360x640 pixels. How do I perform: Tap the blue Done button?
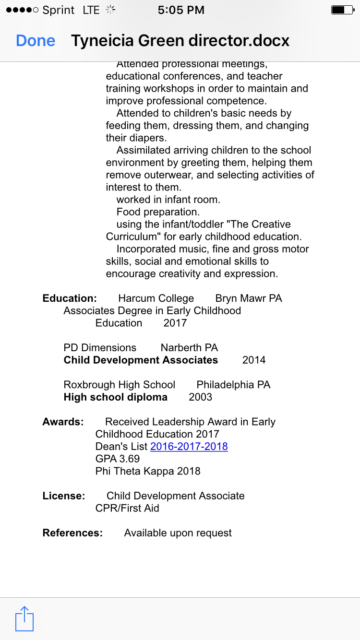point(36,41)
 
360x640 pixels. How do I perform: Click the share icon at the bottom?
point(24,618)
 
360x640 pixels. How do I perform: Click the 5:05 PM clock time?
point(181,10)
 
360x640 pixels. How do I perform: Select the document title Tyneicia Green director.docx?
point(180,41)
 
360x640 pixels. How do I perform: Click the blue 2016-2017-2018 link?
point(189,447)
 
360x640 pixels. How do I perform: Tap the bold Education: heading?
point(70,298)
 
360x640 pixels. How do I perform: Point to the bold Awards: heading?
point(63,422)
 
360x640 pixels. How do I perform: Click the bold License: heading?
point(64,496)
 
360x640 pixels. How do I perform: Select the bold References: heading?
point(72,533)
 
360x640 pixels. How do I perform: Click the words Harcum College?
point(156,298)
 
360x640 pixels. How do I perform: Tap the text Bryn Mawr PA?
point(248,298)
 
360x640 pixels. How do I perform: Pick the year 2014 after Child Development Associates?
point(253,360)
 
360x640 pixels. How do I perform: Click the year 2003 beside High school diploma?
point(200,397)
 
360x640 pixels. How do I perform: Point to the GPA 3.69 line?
point(118,459)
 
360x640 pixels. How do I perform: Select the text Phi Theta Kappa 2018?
point(148,471)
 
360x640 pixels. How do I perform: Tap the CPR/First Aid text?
point(127,509)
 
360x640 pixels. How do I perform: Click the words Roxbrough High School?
point(120,385)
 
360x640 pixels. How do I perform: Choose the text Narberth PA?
point(189,348)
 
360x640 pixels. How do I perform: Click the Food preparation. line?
point(158,212)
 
